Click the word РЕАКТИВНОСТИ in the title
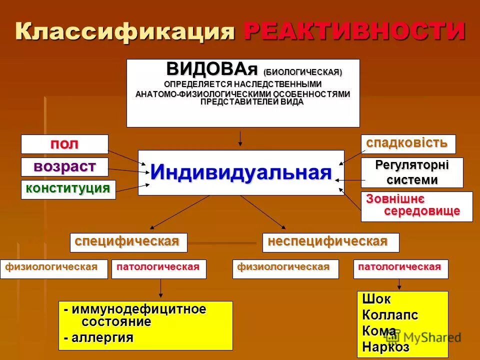tap(354, 32)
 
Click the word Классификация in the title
tap(125, 32)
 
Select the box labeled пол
tap(64, 144)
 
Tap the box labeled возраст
tap(64, 166)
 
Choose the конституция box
tap(68, 189)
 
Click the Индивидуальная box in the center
tap(241, 172)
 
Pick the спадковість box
tap(408, 144)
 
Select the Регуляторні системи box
tap(412, 172)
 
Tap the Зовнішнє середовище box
tap(416, 206)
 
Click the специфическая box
tap(128, 242)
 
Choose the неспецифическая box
tap(330, 242)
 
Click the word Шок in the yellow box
tap(376, 299)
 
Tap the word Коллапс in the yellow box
tap(390, 315)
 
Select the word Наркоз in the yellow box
tap(385, 346)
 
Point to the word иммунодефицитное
tap(138, 309)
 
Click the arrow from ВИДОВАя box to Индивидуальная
tap(240, 138)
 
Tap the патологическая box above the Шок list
tap(400, 268)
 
